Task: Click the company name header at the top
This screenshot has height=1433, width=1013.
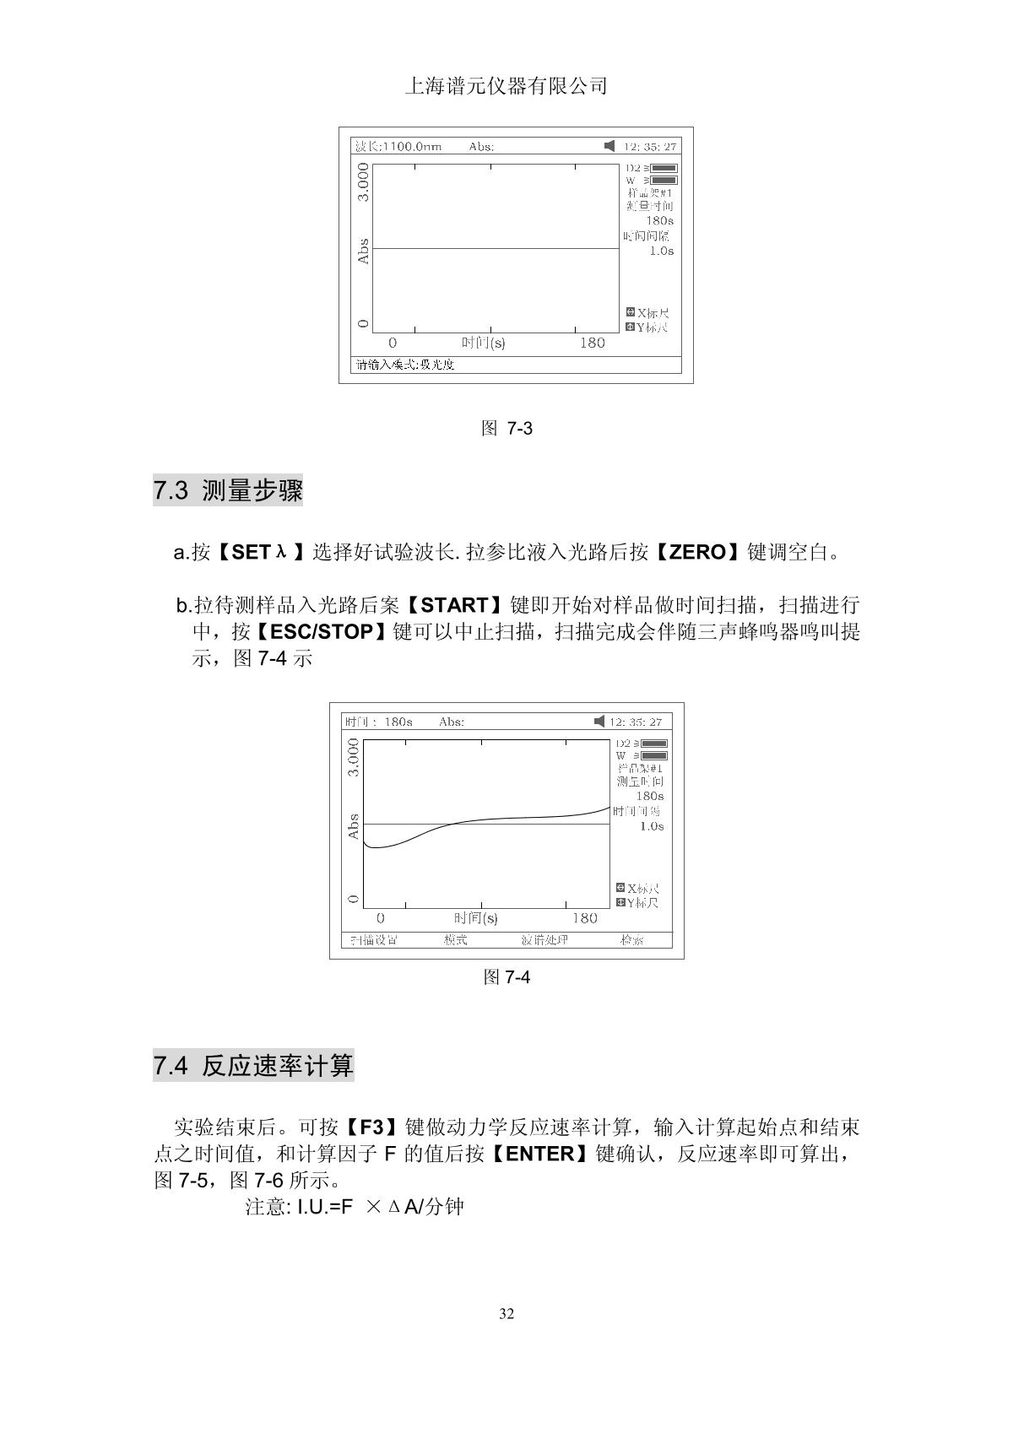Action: pyautogui.click(x=506, y=86)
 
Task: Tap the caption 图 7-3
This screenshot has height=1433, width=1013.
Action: pyautogui.click(x=506, y=428)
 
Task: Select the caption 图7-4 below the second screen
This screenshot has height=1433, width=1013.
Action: pyautogui.click(x=506, y=977)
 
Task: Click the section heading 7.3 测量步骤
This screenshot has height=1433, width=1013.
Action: pyautogui.click(x=228, y=490)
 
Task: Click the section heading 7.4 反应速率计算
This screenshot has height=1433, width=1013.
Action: pyautogui.click(x=253, y=1066)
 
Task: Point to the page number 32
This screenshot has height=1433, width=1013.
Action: pyautogui.click(x=506, y=1313)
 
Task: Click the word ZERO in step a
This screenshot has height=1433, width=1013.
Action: pyautogui.click(x=697, y=553)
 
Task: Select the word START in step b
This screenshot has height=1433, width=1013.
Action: pyautogui.click(x=454, y=605)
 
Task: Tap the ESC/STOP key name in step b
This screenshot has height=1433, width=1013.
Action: pyautogui.click(x=322, y=631)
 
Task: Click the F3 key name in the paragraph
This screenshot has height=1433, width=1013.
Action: pyautogui.click(x=372, y=1127)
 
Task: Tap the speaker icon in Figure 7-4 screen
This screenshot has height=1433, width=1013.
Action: pyautogui.click(x=599, y=722)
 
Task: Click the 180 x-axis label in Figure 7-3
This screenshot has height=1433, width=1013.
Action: pyautogui.click(x=592, y=343)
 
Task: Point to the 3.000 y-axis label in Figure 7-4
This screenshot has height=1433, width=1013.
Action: pyautogui.click(x=354, y=758)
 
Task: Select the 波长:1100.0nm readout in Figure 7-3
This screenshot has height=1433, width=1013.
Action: pyautogui.click(x=398, y=147)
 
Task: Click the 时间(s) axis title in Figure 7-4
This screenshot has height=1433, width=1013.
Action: pyautogui.click(x=475, y=918)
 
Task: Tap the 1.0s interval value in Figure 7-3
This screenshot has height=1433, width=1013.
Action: pyautogui.click(x=661, y=251)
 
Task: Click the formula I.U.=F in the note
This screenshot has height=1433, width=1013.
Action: pyautogui.click(x=323, y=1207)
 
